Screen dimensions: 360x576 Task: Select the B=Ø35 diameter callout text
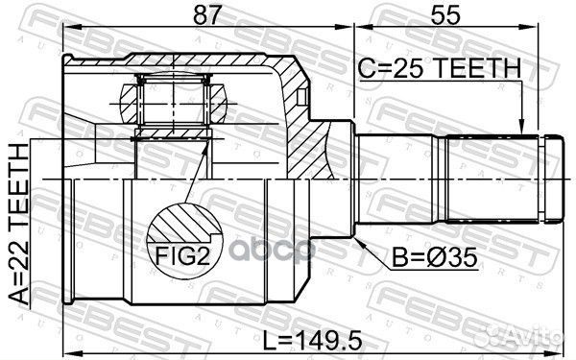[x=428, y=258]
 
